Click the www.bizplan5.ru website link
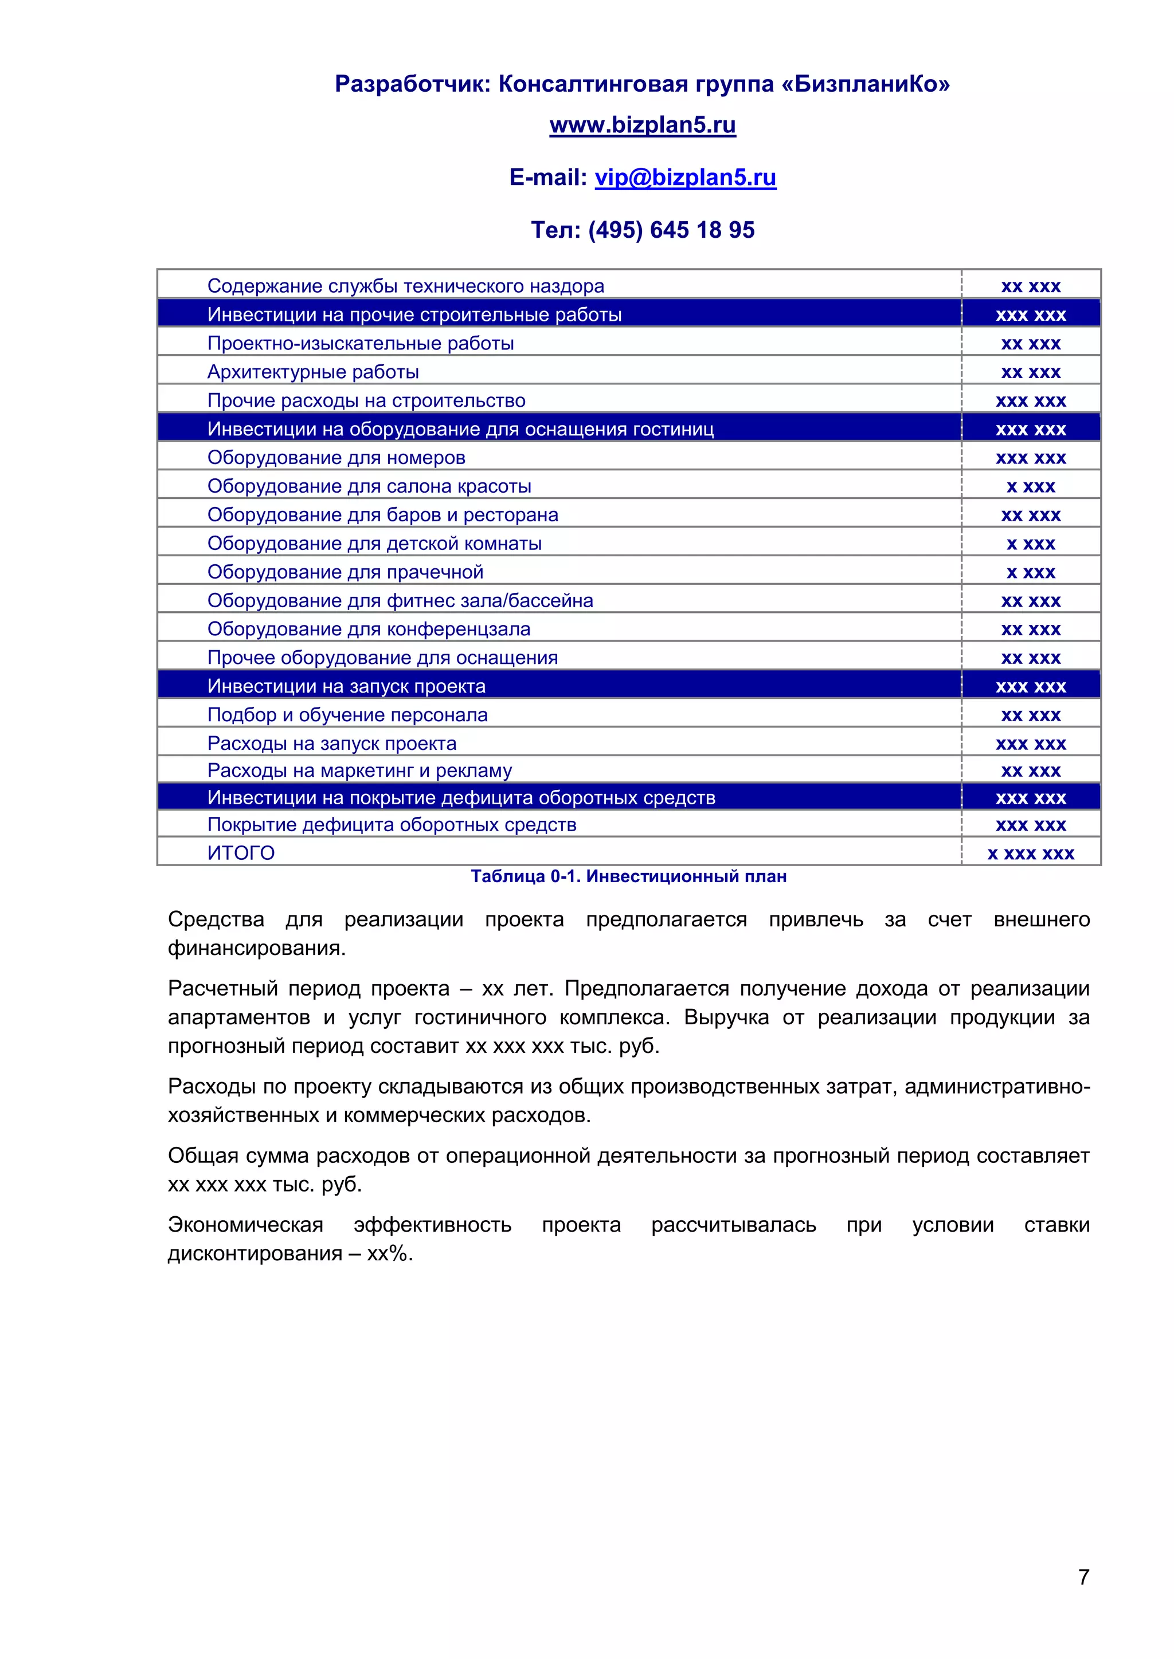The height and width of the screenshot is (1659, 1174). pyautogui.click(x=642, y=125)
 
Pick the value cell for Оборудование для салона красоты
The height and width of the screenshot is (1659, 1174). pyautogui.click(x=1030, y=486)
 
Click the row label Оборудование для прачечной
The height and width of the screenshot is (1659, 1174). pyautogui.click(x=345, y=572)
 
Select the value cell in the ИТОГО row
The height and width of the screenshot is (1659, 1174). pyautogui.click(x=1030, y=854)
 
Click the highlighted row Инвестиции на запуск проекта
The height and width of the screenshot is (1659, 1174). pyautogui.click(x=346, y=686)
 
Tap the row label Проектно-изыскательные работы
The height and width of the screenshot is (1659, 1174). pyautogui.click(x=360, y=343)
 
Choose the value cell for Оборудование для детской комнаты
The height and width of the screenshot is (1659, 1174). pyautogui.click(x=1030, y=544)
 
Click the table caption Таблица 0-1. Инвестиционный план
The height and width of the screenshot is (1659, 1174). pyautogui.click(x=628, y=876)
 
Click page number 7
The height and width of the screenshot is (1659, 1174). pyautogui.click(x=1083, y=1577)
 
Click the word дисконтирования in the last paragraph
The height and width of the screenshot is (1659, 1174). pyautogui.click(x=255, y=1253)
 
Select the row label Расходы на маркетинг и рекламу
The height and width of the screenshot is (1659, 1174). pyautogui.click(x=359, y=770)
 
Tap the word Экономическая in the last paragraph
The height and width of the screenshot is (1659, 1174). pyautogui.click(x=245, y=1224)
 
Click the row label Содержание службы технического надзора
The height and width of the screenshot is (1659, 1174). pyautogui.click(x=405, y=286)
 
